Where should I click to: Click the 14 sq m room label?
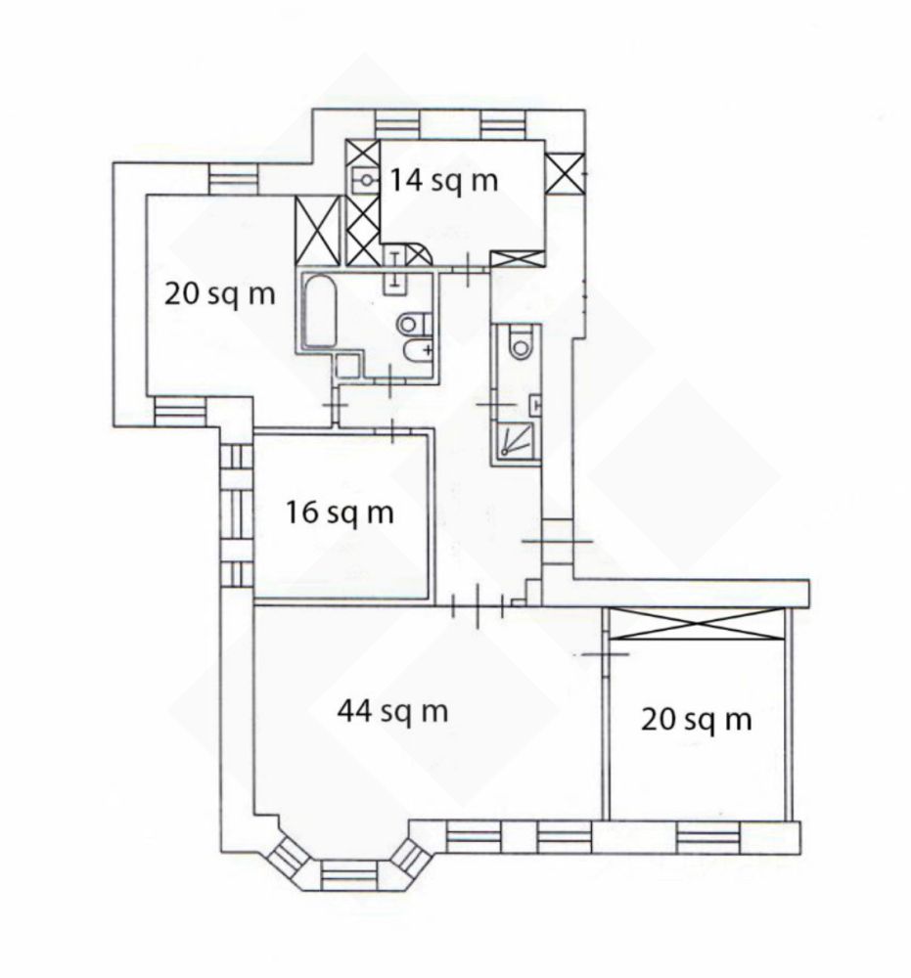[x=444, y=181]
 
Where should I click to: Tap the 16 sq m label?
[x=341, y=513]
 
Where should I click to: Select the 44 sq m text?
[x=392, y=711]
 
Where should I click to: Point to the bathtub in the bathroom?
[x=320, y=311]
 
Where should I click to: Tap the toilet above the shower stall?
[x=520, y=342]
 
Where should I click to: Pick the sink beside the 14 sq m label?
[x=363, y=180]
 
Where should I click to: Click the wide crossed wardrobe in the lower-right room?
[x=697, y=624]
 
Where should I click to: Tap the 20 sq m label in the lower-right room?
[x=697, y=721]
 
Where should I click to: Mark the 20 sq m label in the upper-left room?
[x=219, y=293]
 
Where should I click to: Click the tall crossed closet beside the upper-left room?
[x=318, y=231]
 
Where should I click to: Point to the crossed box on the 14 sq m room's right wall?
[x=564, y=174]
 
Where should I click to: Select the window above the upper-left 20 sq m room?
[x=233, y=180]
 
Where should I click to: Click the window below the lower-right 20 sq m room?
[x=708, y=838]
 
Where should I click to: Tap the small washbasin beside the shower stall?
[x=534, y=406]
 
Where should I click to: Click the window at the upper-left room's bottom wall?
[x=180, y=412]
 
